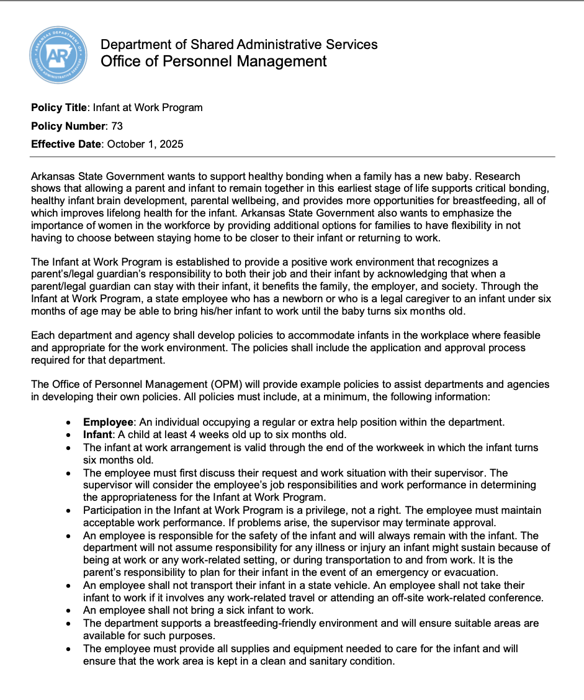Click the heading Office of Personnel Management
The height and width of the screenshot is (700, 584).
click(213, 61)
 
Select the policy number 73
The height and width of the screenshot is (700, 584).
click(117, 126)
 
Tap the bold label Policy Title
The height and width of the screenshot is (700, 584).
click(59, 107)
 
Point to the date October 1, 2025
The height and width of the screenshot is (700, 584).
click(145, 144)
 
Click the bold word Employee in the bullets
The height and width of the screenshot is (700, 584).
click(108, 422)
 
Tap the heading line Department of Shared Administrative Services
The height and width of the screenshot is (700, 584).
click(239, 44)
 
